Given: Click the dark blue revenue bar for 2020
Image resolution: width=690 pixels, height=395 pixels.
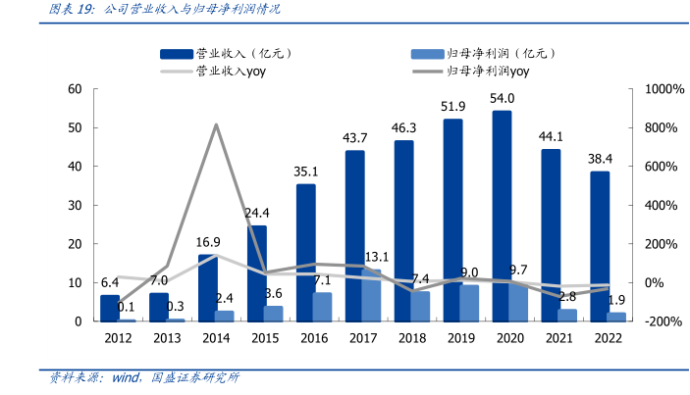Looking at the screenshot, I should tap(501, 216).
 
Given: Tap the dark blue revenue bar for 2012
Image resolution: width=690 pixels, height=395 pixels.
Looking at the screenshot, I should tap(110, 308).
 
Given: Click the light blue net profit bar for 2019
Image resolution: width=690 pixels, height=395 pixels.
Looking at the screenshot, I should tap(469, 303).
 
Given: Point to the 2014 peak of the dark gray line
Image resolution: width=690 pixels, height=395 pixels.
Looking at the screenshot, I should tap(216, 124).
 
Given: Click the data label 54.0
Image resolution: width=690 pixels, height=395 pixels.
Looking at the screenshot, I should tap(503, 98).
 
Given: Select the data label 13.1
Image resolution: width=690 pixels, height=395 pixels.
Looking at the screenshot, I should tap(377, 257).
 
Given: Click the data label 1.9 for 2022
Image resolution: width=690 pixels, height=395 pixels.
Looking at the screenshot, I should tap(617, 300).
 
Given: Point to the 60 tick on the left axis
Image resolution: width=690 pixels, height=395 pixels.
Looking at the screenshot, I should tap(75, 89).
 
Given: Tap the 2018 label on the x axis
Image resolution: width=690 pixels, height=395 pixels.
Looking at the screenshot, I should tap(411, 338).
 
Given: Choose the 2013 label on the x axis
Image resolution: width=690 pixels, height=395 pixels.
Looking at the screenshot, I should tap(167, 338).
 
